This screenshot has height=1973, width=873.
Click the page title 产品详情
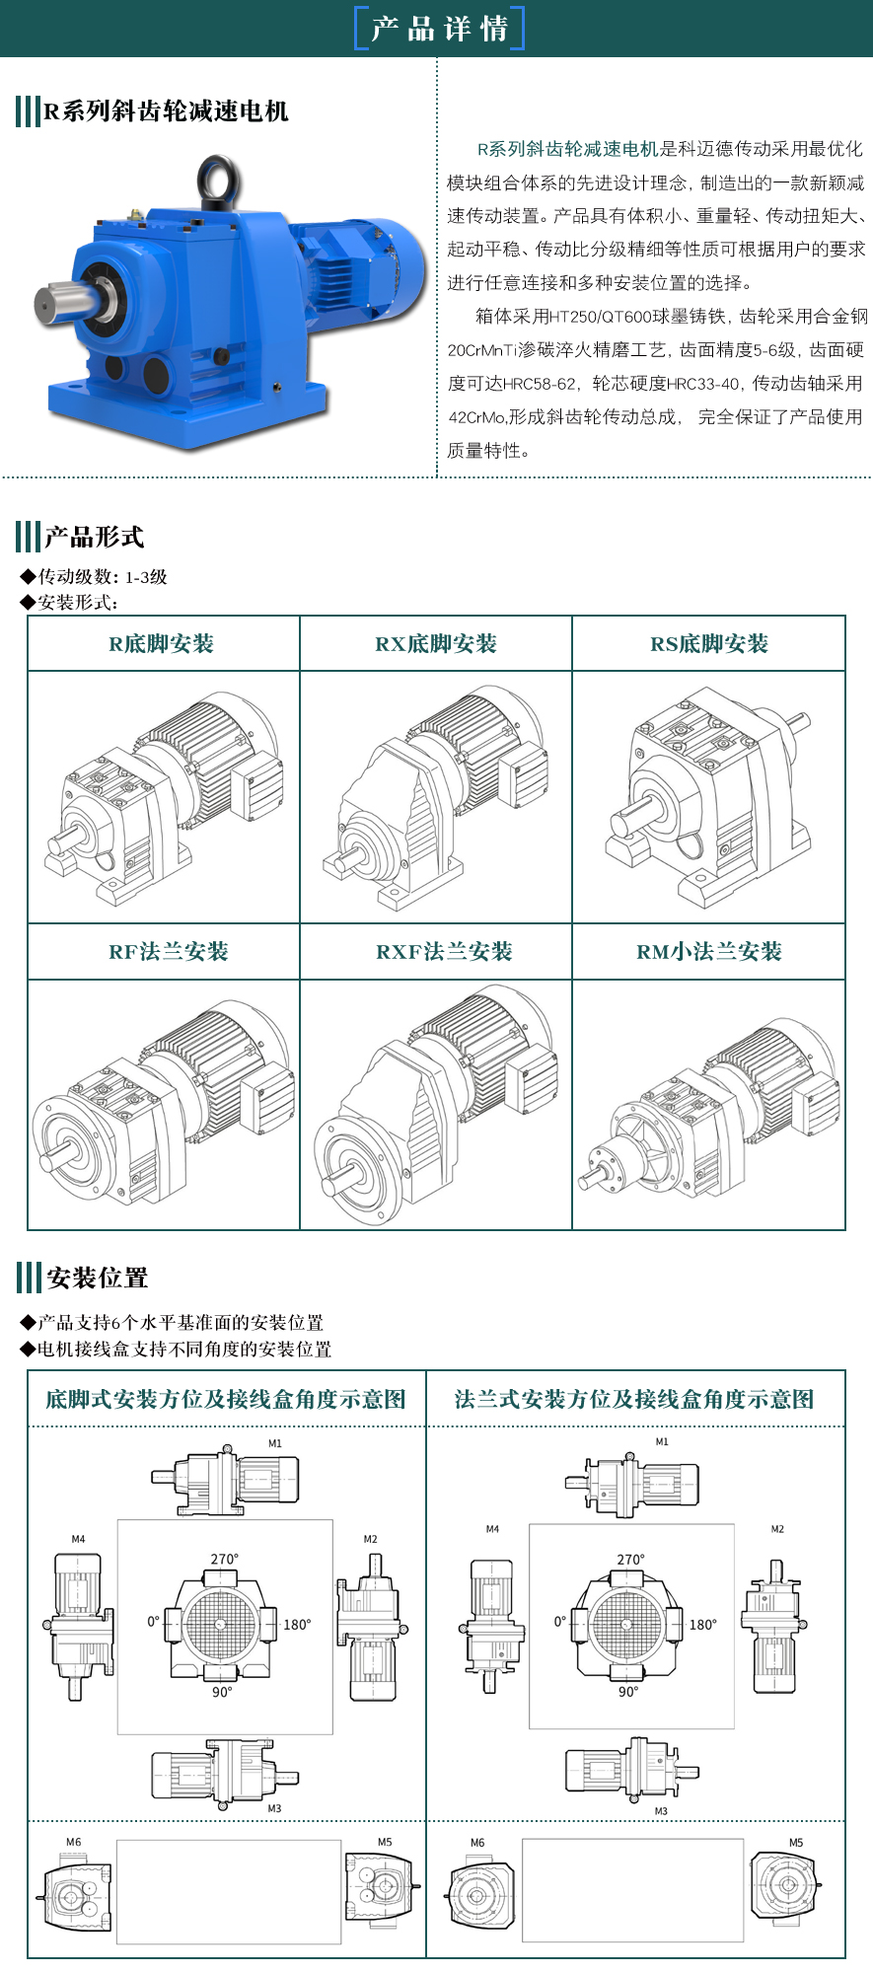pyautogui.click(x=439, y=29)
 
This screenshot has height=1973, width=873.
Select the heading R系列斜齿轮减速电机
pyautogui.click(x=166, y=110)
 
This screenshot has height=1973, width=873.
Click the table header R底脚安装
pyautogui.click(x=162, y=644)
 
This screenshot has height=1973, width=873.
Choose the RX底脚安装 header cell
pyautogui.click(x=436, y=644)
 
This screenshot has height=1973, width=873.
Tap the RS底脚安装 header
pyautogui.click(x=709, y=644)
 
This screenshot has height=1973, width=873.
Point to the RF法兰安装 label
pyautogui.click(x=169, y=952)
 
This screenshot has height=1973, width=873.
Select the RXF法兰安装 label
pyautogui.click(x=444, y=952)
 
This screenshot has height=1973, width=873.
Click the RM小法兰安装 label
pyautogui.click(x=709, y=952)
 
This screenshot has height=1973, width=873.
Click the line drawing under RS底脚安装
pyautogui.click(x=708, y=797)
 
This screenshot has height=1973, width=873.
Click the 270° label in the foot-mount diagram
pyautogui.click(x=224, y=1560)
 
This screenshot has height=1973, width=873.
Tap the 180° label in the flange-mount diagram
pyautogui.click(x=703, y=1625)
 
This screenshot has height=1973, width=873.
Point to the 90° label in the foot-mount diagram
pyautogui.click(x=222, y=1692)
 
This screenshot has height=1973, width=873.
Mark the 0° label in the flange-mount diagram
pyautogui.click(x=560, y=1621)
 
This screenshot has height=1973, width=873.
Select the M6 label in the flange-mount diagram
pyautogui.click(x=477, y=1843)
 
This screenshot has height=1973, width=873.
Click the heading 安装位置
pyautogui.click(x=98, y=1278)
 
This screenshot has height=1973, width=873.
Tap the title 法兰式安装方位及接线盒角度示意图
pyautogui.click(x=634, y=1399)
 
